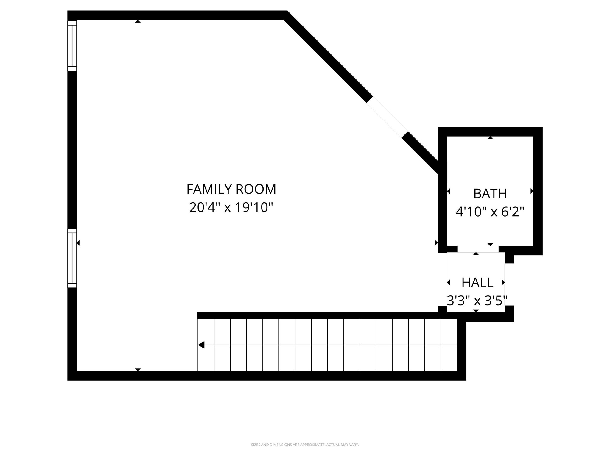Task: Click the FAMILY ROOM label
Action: point(231,189)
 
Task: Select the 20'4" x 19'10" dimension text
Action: point(231,207)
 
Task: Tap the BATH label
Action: point(490,194)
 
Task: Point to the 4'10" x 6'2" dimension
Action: point(490,212)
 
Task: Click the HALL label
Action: point(477,283)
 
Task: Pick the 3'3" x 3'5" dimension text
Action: point(477,301)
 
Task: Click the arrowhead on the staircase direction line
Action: point(201,345)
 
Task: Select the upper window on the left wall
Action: point(72,46)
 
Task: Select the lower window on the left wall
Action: point(72,258)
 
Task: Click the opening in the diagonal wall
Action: point(387,117)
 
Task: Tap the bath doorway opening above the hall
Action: point(478,249)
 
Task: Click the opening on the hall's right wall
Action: point(509,284)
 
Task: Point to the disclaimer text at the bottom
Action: point(305,445)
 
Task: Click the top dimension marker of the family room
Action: point(138,21)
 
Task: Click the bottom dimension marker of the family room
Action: point(138,370)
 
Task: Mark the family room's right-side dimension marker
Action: point(436,243)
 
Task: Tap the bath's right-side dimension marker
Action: point(532,191)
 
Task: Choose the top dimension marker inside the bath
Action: point(490,138)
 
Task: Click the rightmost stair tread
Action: point(449,345)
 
